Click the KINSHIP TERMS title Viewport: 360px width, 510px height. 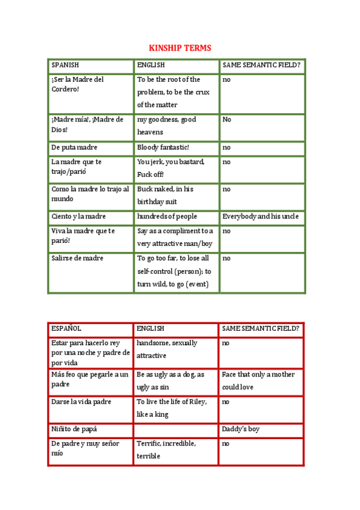click(180, 48)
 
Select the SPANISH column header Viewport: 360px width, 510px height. click(66, 65)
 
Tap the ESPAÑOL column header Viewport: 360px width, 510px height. click(66, 329)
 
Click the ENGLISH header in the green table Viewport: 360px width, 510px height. click(151, 65)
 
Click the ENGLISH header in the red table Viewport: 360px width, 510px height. click(150, 329)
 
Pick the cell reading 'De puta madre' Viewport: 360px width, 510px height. click(75, 147)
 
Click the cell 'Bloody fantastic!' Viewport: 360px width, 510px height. click(163, 147)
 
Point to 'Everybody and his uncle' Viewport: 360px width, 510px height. click(261, 217)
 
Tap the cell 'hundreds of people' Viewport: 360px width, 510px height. click(167, 217)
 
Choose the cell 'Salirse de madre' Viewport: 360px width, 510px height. click(78, 259)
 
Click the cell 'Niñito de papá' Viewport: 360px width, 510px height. click(75, 429)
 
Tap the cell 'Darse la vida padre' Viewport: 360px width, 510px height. click(82, 402)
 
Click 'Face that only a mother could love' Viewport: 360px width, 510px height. click(258, 381)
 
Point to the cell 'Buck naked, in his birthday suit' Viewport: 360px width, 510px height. click(166, 195)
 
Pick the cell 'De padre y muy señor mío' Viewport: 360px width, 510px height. click(85, 448)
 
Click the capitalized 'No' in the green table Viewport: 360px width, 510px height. click(227, 120)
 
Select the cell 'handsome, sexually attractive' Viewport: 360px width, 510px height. click(167, 349)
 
